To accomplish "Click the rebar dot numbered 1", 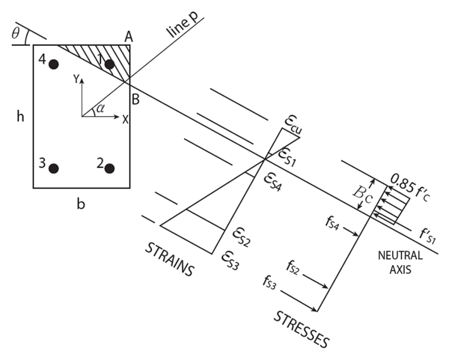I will click(x=109, y=64).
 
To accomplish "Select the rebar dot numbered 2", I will click(x=109, y=168).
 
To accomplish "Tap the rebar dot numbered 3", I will click(x=53, y=168).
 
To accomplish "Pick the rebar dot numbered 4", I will click(x=53, y=64).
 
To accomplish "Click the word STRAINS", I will click(x=169, y=259).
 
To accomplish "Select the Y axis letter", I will click(x=75, y=80).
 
